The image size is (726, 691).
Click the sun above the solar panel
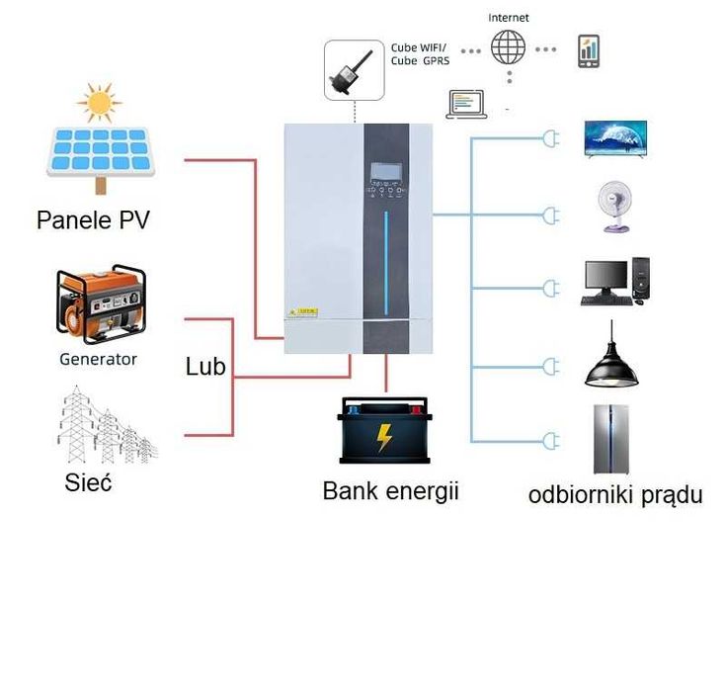(100, 103)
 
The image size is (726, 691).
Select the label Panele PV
(93, 218)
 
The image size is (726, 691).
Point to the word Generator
(98, 359)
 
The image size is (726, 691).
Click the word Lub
(205, 367)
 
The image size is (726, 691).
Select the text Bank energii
(391, 490)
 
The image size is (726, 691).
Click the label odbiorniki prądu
(615, 494)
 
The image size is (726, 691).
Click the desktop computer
(614, 282)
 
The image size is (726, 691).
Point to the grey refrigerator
(611, 439)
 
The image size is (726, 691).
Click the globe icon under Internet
(509, 46)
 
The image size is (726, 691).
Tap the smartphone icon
(589, 50)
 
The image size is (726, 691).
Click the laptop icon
(466, 104)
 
